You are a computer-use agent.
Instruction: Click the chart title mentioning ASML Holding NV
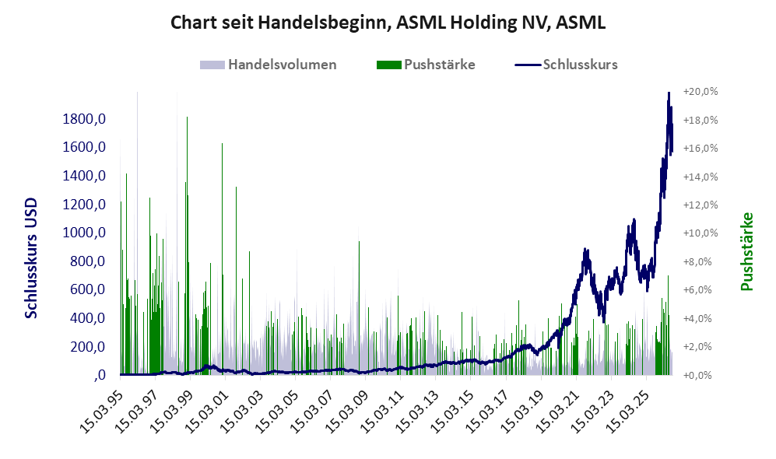click(x=388, y=23)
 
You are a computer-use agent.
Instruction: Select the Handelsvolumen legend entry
click(x=269, y=65)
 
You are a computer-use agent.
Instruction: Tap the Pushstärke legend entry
click(x=426, y=65)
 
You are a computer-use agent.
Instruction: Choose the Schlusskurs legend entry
click(x=566, y=65)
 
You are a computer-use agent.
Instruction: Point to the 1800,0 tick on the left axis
click(x=84, y=119)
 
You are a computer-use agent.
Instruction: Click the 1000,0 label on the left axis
click(x=84, y=232)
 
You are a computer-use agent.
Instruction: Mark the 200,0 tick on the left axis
click(x=88, y=346)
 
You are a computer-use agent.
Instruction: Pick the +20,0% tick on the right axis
click(x=701, y=92)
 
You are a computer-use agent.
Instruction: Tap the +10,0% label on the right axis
click(x=701, y=233)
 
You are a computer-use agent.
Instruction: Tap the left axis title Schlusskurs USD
click(x=30, y=258)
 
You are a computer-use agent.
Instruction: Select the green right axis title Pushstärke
click(x=746, y=252)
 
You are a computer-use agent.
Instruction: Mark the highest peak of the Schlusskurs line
click(x=669, y=93)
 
